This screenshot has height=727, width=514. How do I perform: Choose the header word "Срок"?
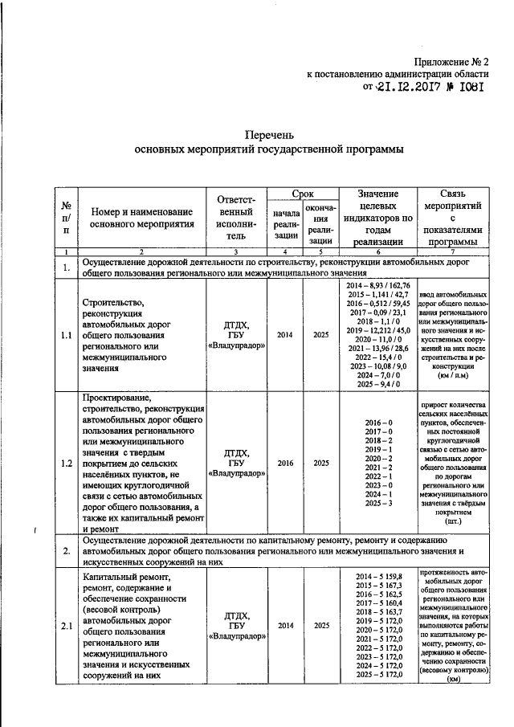tap(302, 194)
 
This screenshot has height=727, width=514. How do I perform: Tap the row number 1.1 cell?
tap(66, 335)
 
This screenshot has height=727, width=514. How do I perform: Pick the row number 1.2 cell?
tap(66, 464)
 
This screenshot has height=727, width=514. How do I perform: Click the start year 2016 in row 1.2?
tap(285, 464)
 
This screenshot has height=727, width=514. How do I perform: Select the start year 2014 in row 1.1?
tap(285, 335)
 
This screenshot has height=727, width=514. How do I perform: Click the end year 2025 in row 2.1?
tap(321, 625)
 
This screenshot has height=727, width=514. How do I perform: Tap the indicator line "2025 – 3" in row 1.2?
tap(378, 503)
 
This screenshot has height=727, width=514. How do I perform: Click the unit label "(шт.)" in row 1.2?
tap(453, 521)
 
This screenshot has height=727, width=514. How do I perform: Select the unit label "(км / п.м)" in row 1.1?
tap(452, 375)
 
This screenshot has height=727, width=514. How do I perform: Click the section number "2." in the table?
tap(66, 553)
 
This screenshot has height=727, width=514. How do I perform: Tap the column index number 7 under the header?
tap(452, 252)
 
